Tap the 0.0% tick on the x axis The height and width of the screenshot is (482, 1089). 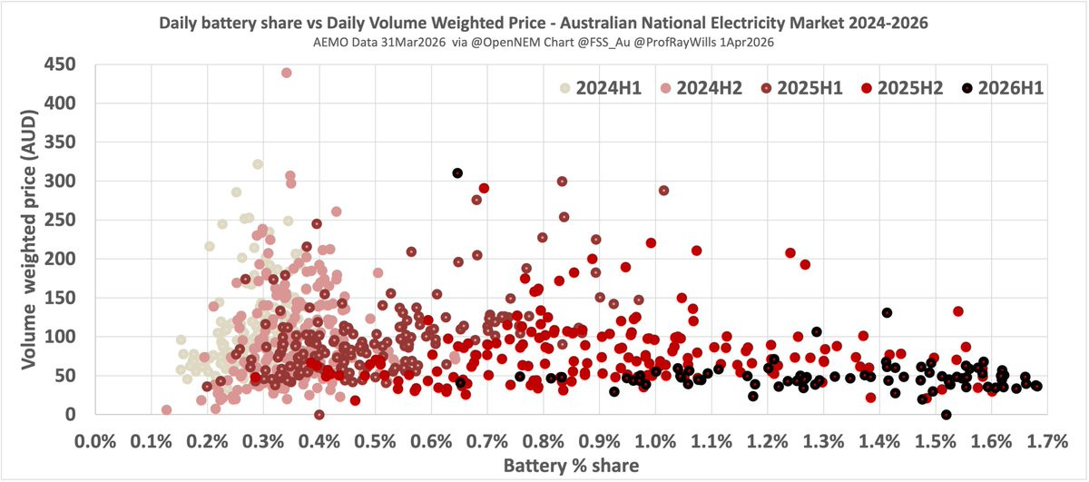(95, 441)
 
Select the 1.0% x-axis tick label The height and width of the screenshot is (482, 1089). (655, 441)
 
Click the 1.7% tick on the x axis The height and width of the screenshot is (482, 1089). (1047, 441)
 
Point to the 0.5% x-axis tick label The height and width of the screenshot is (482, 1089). (375, 441)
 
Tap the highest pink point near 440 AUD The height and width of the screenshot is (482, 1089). (287, 73)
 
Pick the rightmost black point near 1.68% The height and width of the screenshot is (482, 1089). (1036, 386)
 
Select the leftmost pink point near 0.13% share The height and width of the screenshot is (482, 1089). (167, 410)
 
